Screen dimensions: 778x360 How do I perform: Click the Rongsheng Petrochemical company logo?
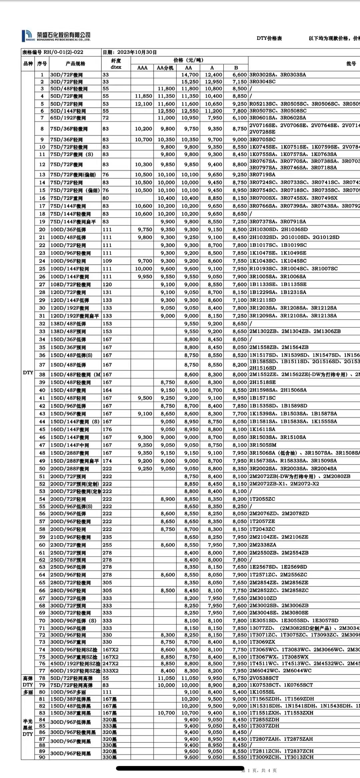56,36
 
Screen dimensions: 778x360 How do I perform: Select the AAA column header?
142,68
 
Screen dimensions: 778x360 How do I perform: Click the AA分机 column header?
165,68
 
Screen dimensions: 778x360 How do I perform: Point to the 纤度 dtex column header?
116,64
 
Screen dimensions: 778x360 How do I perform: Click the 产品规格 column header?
75,64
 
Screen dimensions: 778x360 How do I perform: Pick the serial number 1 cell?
42,75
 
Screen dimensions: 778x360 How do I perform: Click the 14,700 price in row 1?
190,75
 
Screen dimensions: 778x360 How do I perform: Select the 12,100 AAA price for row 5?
143,104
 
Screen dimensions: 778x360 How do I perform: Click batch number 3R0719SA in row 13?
262,174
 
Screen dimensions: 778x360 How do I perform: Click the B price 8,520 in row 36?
240,355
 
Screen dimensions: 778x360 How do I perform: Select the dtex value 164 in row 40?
107,390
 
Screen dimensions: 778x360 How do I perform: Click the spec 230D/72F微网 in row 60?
68,545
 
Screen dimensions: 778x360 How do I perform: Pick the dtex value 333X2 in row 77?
110,671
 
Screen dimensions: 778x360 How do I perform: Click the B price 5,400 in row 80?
240,692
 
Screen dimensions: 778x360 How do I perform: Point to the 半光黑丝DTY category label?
28,727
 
